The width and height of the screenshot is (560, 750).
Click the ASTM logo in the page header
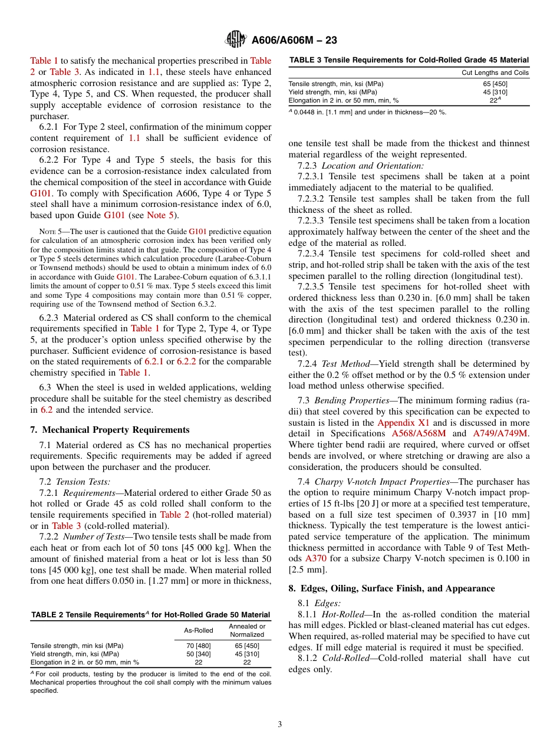pyautogui.click(x=236, y=40)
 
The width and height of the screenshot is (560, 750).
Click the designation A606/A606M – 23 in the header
pyautogui.click(x=294, y=41)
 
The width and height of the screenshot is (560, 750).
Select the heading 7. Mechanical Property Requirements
pyautogui.click(x=110, y=430)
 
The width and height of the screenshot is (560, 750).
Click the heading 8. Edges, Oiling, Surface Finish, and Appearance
pyautogui.click(x=391, y=588)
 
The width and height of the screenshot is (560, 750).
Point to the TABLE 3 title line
pyautogui.click(x=409, y=60)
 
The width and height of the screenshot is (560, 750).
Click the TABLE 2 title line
pyautogui.click(x=151, y=615)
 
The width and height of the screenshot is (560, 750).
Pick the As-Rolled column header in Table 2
pyautogui.click(x=199, y=630)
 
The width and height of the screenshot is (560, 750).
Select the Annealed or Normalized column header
pyautogui.click(x=247, y=630)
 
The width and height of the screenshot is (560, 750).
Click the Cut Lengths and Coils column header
pyautogui.click(x=495, y=73)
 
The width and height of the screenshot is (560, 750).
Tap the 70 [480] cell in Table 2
pyautogui.click(x=199, y=646)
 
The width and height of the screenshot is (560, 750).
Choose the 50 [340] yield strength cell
pyautogui.click(x=199, y=654)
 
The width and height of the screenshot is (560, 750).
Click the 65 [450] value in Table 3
pyautogui.click(x=495, y=84)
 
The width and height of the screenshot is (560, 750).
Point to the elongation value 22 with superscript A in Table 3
pyautogui.click(x=495, y=100)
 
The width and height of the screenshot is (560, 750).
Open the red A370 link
pyautogui.click(x=315, y=558)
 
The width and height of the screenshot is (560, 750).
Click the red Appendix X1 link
pyautogui.click(x=403, y=423)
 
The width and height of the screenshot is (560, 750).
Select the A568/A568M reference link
pyautogui.click(x=419, y=434)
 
